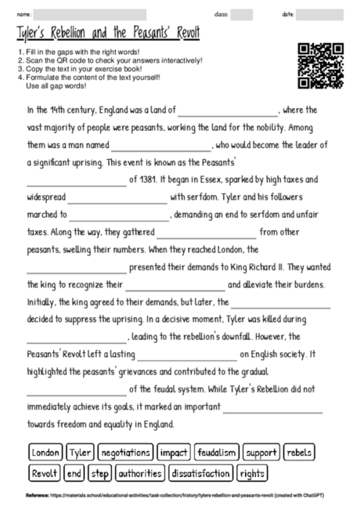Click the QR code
click(321, 66)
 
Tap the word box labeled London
click(46, 453)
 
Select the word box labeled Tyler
click(80, 453)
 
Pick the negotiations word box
click(125, 453)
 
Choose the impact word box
click(173, 453)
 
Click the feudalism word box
click(217, 453)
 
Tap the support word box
click(261, 453)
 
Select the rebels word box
click(299, 453)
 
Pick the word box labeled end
click(75, 473)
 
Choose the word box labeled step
click(100, 473)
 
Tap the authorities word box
click(140, 473)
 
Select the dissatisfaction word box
click(200, 473)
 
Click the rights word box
click(252, 473)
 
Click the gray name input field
click(90, 14)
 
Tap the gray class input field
click(242, 14)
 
